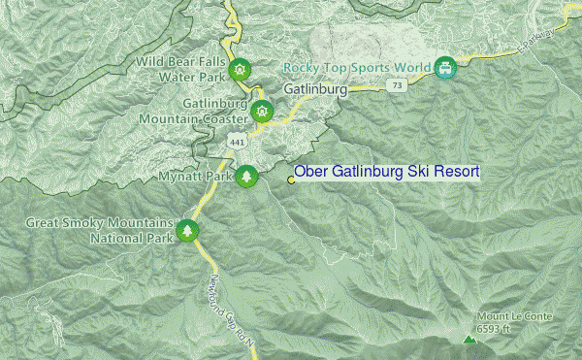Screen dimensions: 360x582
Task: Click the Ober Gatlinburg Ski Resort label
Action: (x=387, y=172)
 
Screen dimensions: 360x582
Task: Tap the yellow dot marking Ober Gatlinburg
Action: (x=291, y=179)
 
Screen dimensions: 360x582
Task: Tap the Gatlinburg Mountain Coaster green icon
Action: (x=260, y=112)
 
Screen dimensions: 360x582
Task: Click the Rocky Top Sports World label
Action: (x=358, y=68)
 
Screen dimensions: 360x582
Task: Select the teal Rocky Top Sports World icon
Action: (x=445, y=67)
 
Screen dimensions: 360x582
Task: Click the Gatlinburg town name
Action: (x=316, y=89)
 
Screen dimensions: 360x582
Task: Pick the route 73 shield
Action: (x=396, y=86)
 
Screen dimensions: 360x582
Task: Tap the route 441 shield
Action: (x=236, y=142)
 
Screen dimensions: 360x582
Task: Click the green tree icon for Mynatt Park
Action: (x=248, y=177)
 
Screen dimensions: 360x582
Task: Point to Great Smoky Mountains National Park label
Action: (x=97, y=229)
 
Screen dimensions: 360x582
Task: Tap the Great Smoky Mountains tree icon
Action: (x=186, y=230)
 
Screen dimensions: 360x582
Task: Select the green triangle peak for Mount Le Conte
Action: (x=469, y=341)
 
